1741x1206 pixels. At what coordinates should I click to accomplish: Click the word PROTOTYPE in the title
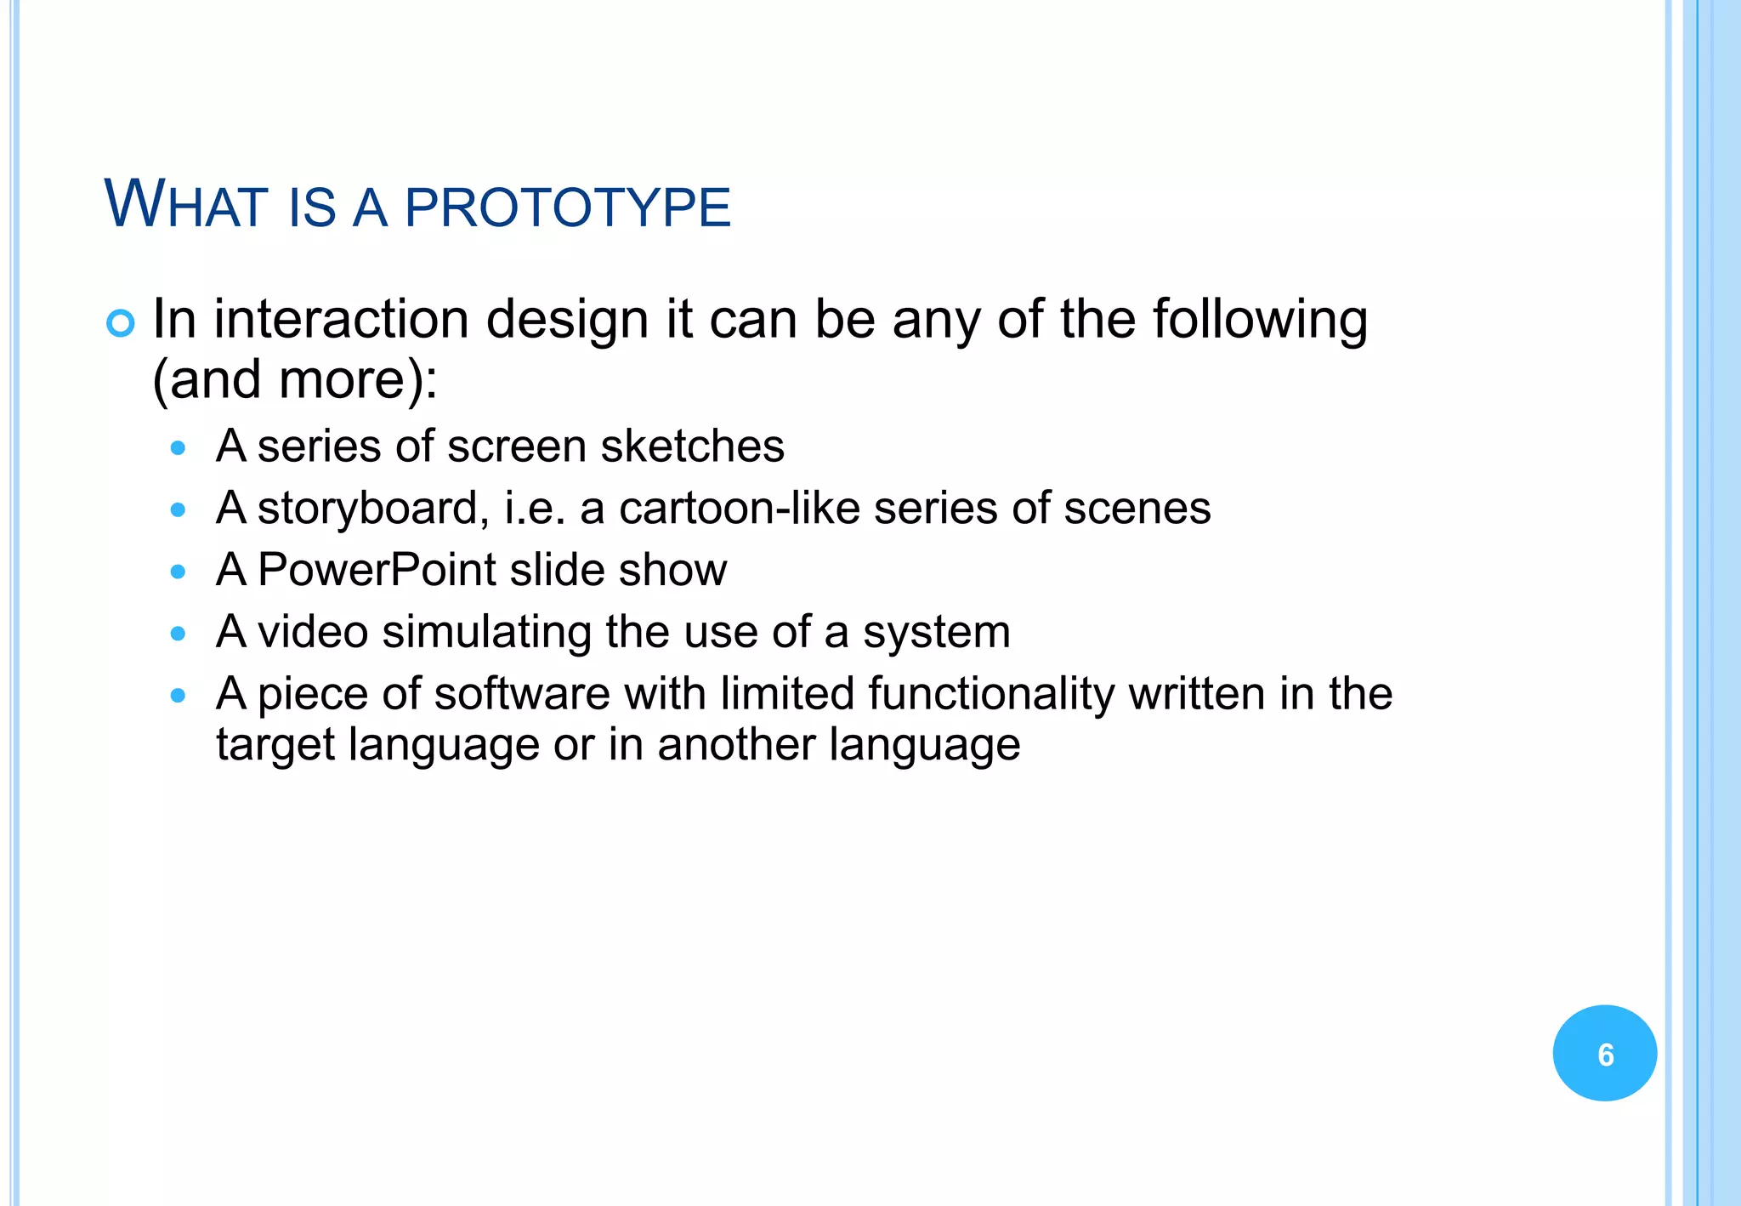pyautogui.click(x=568, y=208)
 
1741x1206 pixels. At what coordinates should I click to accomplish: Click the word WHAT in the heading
pyautogui.click(x=185, y=205)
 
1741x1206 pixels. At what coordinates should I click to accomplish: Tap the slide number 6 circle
pyautogui.click(x=1604, y=1054)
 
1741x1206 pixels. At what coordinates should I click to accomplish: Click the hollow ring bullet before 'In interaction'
pyautogui.click(x=121, y=323)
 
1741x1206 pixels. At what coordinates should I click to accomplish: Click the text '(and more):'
pyautogui.click(x=295, y=379)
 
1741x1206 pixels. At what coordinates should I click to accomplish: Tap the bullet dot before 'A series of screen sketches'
pyautogui.click(x=178, y=448)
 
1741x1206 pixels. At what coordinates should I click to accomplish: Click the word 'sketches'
pyautogui.click(x=692, y=447)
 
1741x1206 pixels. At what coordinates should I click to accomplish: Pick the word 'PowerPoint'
pyautogui.click(x=377, y=570)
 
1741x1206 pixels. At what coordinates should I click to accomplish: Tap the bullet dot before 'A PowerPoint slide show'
pyautogui.click(x=178, y=572)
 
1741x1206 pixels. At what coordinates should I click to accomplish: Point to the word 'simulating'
pyautogui.click(x=487, y=633)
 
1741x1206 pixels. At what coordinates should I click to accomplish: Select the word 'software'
pyautogui.click(x=522, y=694)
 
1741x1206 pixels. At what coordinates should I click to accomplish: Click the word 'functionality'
pyautogui.click(x=991, y=694)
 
